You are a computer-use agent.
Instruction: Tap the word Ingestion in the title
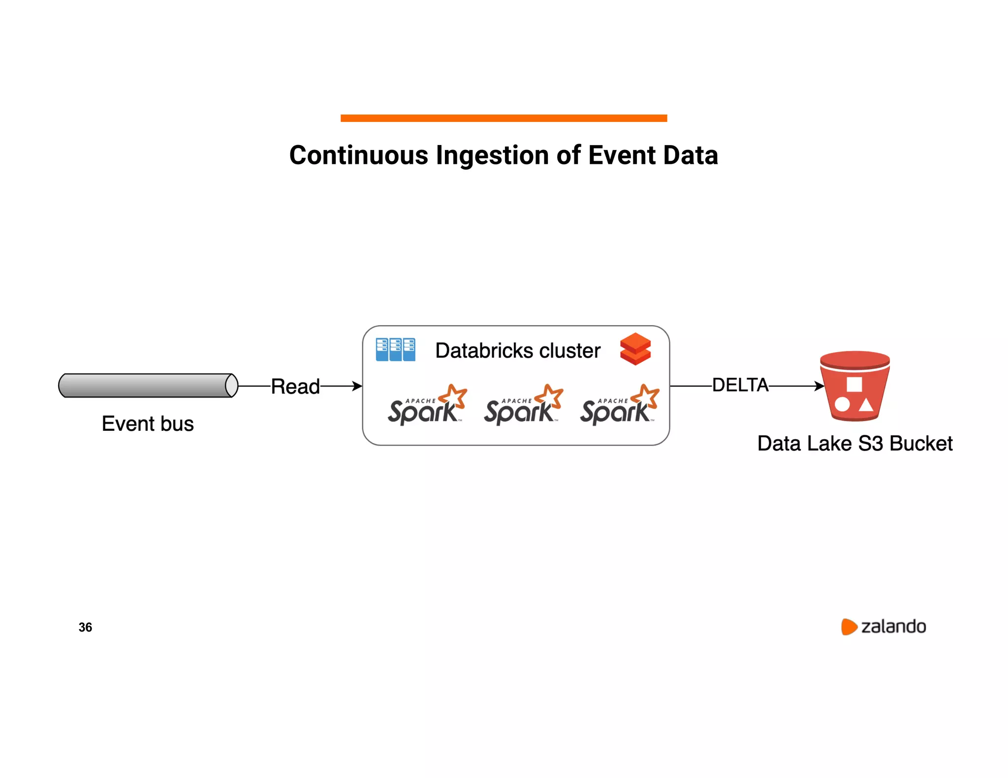(x=492, y=155)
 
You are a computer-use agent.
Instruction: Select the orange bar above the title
(x=504, y=118)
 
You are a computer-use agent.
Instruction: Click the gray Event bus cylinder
(x=148, y=385)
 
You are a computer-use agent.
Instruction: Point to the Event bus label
(x=148, y=423)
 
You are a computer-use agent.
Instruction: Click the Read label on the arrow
(x=295, y=387)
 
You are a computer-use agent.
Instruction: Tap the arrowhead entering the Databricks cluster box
(x=357, y=386)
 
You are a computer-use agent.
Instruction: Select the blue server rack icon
(x=395, y=349)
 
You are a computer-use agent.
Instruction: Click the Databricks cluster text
(x=518, y=351)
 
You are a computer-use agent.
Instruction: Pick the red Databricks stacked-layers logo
(x=635, y=349)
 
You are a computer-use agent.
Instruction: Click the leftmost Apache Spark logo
(x=427, y=405)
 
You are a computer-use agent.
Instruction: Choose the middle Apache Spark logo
(x=523, y=405)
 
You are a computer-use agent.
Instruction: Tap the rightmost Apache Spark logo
(x=619, y=405)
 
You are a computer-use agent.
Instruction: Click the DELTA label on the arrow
(x=740, y=385)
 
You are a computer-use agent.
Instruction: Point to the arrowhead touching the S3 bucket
(x=819, y=386)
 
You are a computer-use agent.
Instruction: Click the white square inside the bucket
(x=854, y=384)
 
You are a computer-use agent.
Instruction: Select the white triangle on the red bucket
(x=866, y=405)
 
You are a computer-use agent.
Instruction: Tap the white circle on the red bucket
(x=842, y=405)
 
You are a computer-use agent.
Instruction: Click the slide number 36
(x=85, y=627)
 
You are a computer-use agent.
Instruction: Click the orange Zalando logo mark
(x=849, y=627)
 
